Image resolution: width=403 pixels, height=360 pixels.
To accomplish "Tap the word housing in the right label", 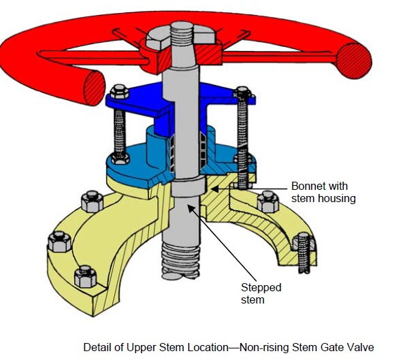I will coord(338,198).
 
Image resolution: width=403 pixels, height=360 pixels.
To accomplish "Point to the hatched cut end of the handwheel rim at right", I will coord(355,59).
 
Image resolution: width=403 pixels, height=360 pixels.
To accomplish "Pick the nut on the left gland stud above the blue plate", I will coord(118,91).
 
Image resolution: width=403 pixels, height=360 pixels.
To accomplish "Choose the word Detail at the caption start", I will coord(97,346).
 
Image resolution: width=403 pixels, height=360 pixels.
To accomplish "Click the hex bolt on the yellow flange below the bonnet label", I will coord(268,201).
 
